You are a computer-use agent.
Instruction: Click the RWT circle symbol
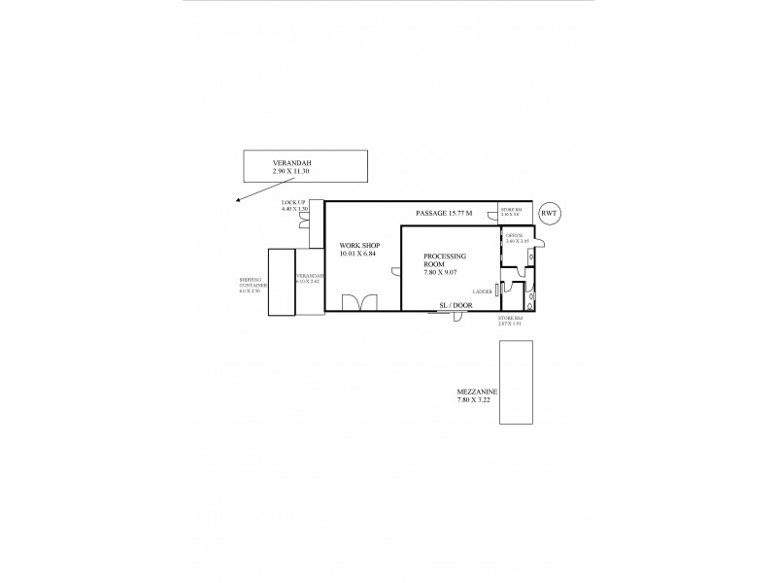(x=549, y=213)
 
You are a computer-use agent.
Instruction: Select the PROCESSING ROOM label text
(x=445, y=263)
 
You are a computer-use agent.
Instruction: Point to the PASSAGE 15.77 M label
(x=444, y=213)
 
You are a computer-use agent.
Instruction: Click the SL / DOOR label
(x=453, y=303)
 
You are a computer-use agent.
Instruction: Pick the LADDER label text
(x=481, y=291)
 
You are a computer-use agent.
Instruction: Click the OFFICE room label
(x=515, y=235)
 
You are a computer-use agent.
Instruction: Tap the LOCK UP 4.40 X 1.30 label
(x=294, y=206)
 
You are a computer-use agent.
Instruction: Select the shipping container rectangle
(x=281, y=282)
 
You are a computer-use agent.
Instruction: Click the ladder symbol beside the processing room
(x=497, y=290)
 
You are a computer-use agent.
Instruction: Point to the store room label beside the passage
(x=512, y=211)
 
